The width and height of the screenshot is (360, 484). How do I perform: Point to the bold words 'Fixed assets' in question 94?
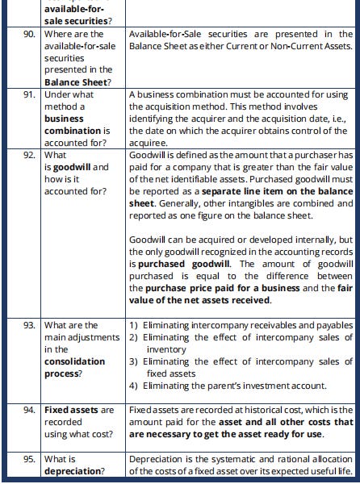(71, 410)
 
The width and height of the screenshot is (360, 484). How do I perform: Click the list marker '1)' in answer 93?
(134, 325)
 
